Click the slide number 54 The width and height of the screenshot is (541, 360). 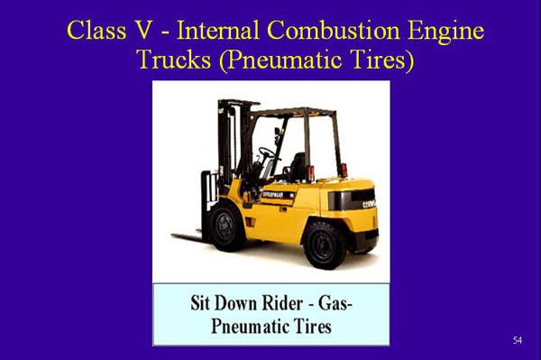click(x=517, y=339)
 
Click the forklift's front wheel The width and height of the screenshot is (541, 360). click(x=226, y=226)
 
